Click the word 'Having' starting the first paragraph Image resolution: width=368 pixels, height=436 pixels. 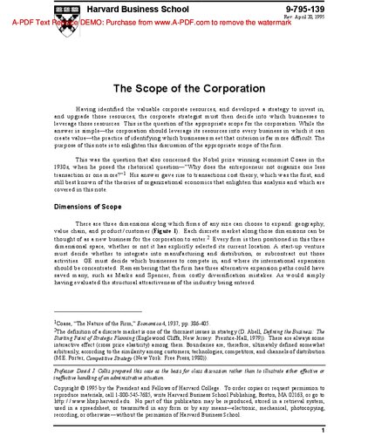click(89, 112)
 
